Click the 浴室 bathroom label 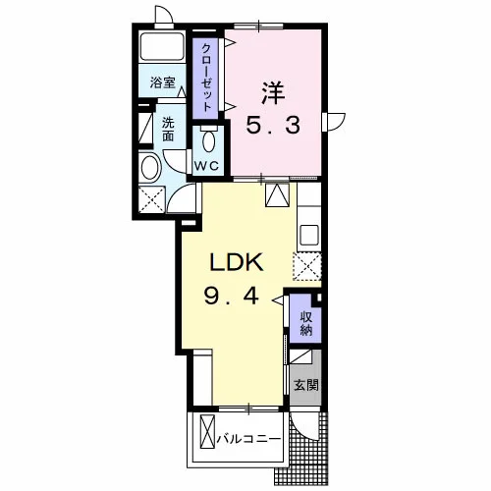pos(163,82)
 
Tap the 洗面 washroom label pos(168,130)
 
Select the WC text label pos(206,166)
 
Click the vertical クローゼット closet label pos(205,78)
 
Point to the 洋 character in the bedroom pos(273,92)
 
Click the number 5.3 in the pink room pos(273,126)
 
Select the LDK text pos(237,262)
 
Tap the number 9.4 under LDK pos(232,297)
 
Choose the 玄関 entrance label pos(306,385)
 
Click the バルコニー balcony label pos(249,439)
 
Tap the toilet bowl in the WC pos(208,140)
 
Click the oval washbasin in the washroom pos(150,167)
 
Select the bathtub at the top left pos(162,46)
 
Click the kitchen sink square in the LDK pos(309,235)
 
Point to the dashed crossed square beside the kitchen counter pos(307,266)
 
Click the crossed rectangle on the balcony pos(207,432)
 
